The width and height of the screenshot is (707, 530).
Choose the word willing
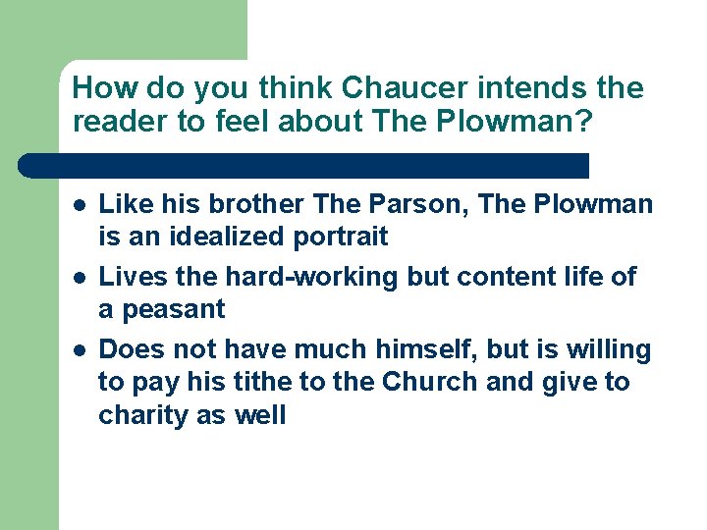605,349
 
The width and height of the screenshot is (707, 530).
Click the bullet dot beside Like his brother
79,205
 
